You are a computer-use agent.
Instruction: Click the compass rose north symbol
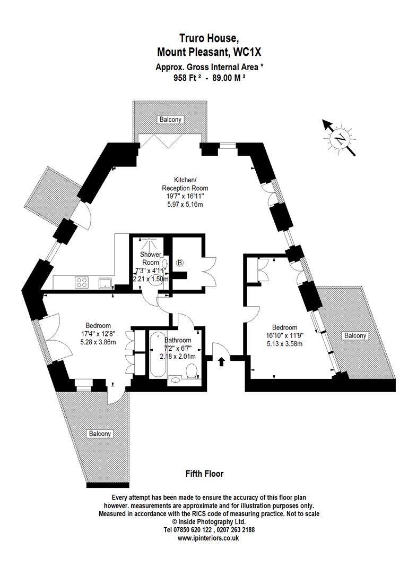pyautogui.click(x=340, y=139)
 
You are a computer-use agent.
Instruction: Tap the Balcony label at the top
pyautogui.click(x=170, y=120)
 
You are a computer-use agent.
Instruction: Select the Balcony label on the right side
pyautogui.click(x=355, y=335)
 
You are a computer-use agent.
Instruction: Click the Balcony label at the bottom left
pyautogui.click(x=100, y=434)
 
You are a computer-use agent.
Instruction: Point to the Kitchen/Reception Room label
pyautogui.click(x=185, y=184)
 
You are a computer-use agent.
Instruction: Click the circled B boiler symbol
pyautogui.click(x=179, y=263)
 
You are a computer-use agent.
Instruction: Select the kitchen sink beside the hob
pyautogui.click(x=104, y=282)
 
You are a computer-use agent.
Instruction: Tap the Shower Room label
pyautogui.click(x=150, y=258)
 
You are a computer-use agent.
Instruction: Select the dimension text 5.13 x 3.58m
pyautogui.click(x=284, y=344)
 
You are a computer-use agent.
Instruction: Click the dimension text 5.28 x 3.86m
pyautogui.click(x=98, y=342)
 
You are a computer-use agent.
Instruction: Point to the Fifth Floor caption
pyautogui.click(x=204, y=474)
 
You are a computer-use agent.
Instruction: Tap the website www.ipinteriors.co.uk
pyautogui.click(x=208, y=538)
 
